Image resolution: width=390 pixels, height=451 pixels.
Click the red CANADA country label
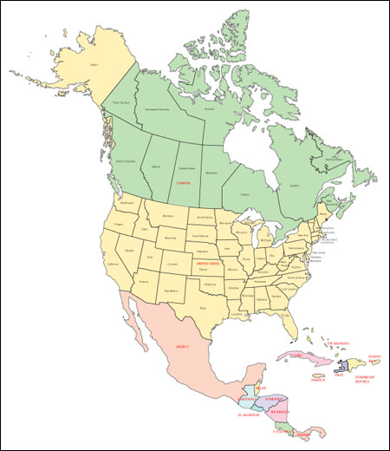click(183, 184)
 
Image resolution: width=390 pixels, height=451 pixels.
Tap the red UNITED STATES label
click(208, 262)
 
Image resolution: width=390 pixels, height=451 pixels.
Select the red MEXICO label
click(183, 346)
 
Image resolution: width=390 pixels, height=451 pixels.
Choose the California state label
click(114, 265)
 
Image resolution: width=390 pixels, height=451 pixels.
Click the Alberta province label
click(156, 166)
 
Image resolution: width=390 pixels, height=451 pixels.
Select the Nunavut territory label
click(209, 109)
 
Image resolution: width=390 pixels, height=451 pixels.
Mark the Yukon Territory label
click(123, 103)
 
